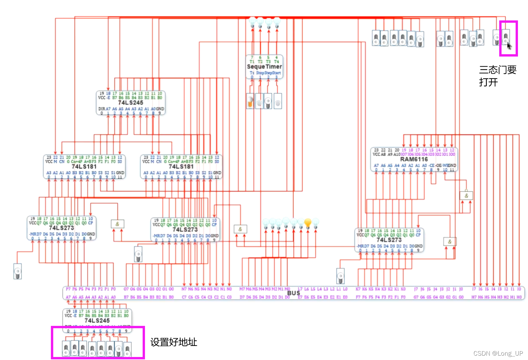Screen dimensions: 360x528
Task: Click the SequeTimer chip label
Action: coord(264,67)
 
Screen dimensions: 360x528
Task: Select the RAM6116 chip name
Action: coord(414,160)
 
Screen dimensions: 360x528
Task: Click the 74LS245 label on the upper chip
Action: coord(130,103)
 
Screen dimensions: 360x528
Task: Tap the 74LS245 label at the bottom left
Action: coord(97,321)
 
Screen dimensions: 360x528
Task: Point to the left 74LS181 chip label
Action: coord(84,167)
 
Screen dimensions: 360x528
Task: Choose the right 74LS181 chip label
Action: coord(181,167)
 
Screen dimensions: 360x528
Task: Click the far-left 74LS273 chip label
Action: coord(61,228)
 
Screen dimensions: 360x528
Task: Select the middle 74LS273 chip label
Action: coord(185,230)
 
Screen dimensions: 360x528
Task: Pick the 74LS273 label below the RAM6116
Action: coord(389,240)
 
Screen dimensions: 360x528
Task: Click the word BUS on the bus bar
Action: coord(294,293)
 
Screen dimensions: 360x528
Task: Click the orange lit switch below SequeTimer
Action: coord(250,101)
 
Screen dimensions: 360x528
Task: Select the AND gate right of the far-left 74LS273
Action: coord(118,224)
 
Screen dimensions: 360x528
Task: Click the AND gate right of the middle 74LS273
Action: coord(240,229)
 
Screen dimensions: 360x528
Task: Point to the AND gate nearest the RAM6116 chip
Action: coord(466,196)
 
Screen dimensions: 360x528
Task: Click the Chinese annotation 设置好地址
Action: coord(173,342)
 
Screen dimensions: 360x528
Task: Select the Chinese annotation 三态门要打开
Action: coord(497,76)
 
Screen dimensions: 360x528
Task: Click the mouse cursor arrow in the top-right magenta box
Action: coord(509,46)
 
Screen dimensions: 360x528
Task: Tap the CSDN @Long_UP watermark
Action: coord(498,353)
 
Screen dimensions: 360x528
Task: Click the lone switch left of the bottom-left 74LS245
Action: coord(17,271)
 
